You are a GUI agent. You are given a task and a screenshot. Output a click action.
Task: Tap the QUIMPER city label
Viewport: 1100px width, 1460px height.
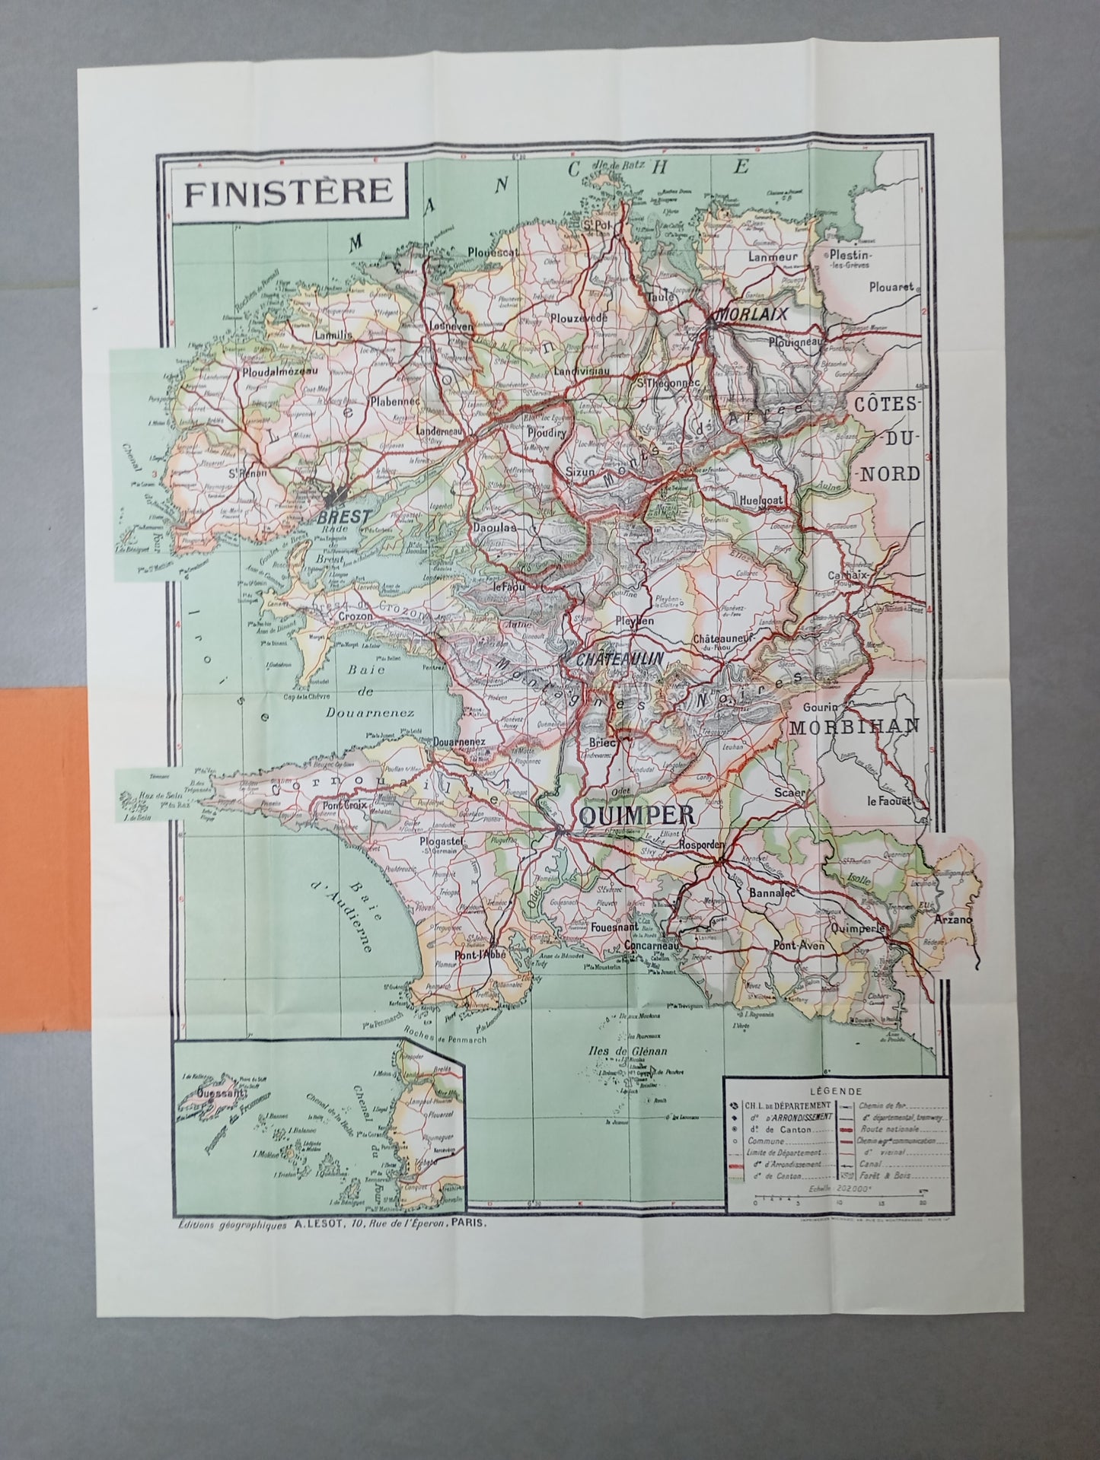pos(636,816)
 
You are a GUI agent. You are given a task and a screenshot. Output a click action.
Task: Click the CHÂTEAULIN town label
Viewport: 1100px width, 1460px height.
pos(620,659)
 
